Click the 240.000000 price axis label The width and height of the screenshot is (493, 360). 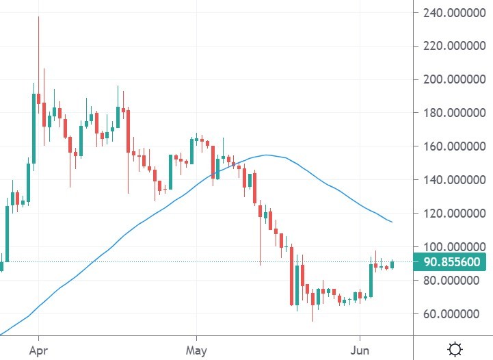453,12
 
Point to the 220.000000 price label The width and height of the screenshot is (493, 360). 453,46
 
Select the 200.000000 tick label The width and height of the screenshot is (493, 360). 453,79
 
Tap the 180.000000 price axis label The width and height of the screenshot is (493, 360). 453,113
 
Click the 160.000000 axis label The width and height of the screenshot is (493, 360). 453,146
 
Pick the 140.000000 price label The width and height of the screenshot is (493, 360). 453,180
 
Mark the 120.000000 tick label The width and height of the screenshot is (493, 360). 453,214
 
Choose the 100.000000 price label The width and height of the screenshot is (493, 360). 453,247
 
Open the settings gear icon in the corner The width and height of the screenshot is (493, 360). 455,349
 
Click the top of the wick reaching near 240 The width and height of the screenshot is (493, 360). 38,17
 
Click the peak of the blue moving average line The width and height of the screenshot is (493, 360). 267,155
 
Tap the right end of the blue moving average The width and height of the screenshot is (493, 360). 392,222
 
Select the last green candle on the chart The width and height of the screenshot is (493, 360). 392,264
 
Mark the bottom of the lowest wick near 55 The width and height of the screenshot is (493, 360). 312,321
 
